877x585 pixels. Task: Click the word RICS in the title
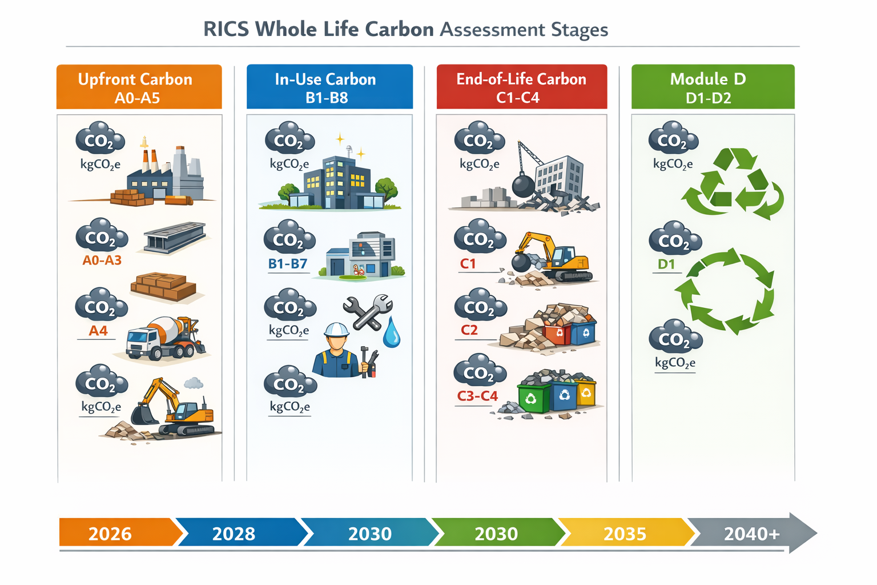[226, 29]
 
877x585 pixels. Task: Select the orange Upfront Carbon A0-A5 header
[139, 87]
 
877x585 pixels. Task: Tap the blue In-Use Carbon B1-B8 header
[329, 87]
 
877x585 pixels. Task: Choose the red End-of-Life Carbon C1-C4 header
[521, 87]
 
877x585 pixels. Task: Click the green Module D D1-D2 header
[712, 87]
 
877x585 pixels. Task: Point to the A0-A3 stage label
[102, 261]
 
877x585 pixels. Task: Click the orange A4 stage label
[98, 331]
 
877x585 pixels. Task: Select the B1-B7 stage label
[288, 264]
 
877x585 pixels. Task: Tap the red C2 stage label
[469, 330]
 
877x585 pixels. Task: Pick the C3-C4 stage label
[477, 396]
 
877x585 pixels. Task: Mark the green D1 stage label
[666, 264]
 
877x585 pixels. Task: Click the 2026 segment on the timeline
[111, 534]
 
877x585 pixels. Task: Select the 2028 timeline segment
[234, 534]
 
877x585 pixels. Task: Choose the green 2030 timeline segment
[496, 534]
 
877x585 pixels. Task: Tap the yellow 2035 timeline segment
[625, 534]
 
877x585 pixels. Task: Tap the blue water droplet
[392, 334]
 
